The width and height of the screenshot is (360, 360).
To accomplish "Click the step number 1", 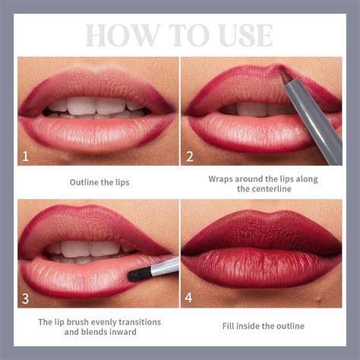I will click(26, 157).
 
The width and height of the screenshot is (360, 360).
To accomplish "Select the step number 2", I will click(190, 157).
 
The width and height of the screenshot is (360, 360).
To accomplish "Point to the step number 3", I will click(26, 298).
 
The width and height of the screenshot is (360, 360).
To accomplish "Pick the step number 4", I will click(190, 298).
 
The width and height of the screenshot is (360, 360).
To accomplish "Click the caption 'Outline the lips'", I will click(98, 182).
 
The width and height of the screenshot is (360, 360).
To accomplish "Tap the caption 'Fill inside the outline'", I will click(263, 326).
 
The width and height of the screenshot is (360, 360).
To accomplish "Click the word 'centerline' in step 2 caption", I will click(263, 188).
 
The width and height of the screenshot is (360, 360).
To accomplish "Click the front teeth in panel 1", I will click(99, 106).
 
